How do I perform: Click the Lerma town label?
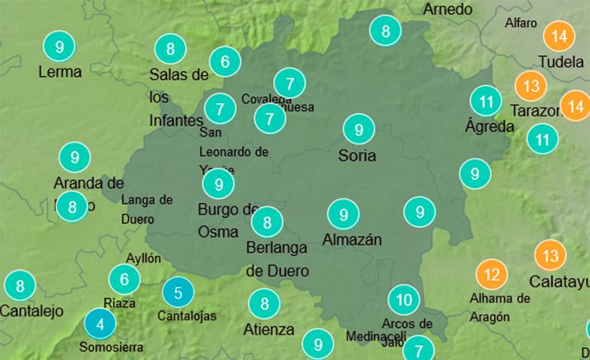59,72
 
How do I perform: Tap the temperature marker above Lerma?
59,47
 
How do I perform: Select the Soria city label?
357,155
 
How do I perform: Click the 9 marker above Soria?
359,130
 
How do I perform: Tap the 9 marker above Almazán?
343,215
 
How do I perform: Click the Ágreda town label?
489,127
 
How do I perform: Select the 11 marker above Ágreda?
485,102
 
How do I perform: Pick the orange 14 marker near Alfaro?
559,36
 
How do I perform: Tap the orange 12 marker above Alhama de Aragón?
492,273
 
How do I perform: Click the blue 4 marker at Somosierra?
100,323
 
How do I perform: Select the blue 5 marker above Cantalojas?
178,291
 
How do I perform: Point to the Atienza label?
269,329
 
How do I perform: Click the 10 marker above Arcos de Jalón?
403,299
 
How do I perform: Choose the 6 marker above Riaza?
125,280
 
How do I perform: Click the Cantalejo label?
31,311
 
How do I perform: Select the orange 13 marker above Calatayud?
550,254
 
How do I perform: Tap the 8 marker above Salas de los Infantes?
170,49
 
